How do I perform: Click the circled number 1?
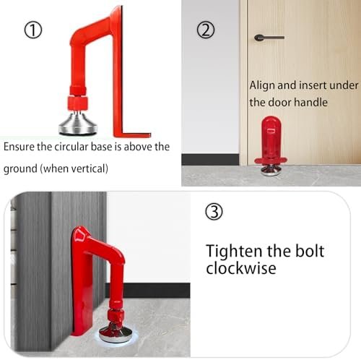click(34, 30)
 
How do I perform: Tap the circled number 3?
click(215, 213)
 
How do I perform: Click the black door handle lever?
click(269, 37)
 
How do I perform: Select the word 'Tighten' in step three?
click(234, 252)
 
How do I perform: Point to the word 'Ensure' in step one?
click(21, 147)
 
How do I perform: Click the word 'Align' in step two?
click(262, 85)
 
